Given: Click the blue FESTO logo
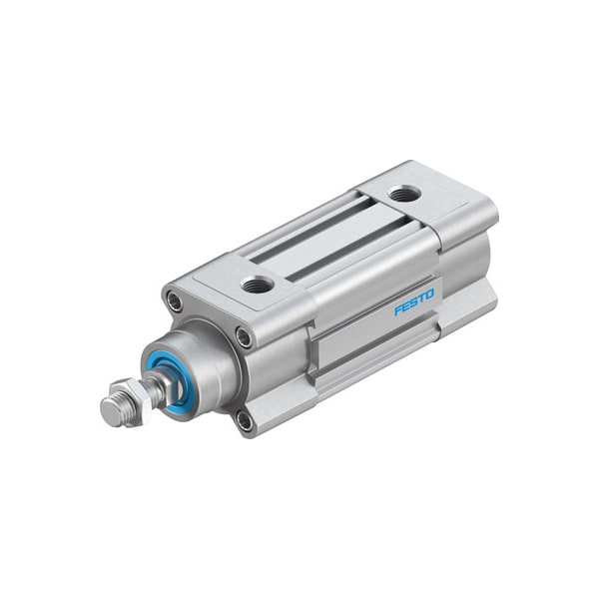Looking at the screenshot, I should pos(414,301).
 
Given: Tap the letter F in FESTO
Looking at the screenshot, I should pos(398,309).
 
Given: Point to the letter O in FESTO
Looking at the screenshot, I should pos(430,294).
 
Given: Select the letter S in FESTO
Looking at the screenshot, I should pos(414,301).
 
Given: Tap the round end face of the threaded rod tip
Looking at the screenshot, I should pos(110,410).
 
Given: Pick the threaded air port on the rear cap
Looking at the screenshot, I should pos(404,194).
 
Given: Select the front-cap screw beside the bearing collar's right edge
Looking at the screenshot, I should pos(244,336).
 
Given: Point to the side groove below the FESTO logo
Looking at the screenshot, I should pos(369,344).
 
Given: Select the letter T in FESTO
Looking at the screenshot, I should pos(422,298).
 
